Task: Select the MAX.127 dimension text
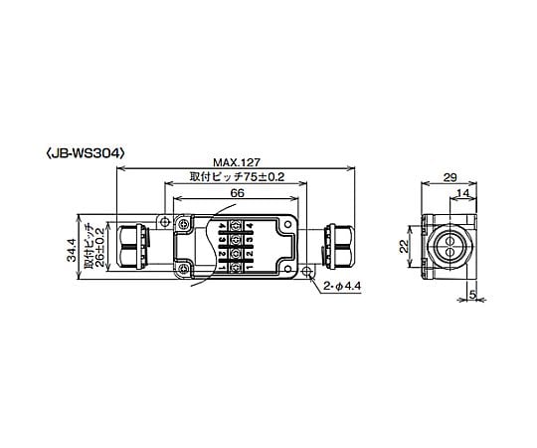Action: [x=237, y=162]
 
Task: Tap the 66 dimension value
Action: [x=237, y=193]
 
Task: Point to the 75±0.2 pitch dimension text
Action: [x=264, y=177]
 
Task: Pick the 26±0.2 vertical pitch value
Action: [x=99, y=246]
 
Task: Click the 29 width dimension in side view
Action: [x=449, y=177]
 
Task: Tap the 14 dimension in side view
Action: [x=463, y=193]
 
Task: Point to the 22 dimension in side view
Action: [x=405, y=246]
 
